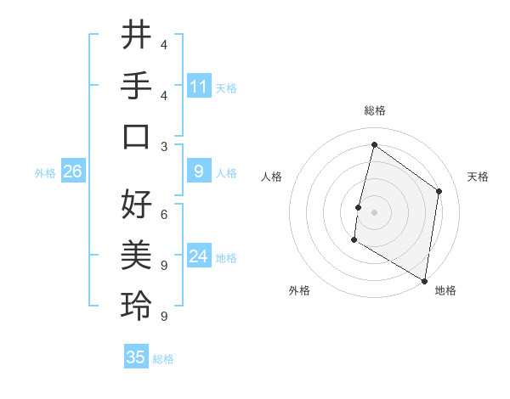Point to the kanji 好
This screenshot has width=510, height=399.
pos(136,205)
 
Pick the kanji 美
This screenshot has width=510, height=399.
pos(136,256)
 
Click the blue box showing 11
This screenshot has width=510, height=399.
pos(199,86)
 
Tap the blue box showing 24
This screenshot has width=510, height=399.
pos(199,256)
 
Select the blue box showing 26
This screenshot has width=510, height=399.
pos(73,171)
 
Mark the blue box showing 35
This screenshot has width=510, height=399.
pos(136,357)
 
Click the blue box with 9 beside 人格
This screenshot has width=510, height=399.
pos(199,171)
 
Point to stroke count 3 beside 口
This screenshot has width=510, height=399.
pos(163,146)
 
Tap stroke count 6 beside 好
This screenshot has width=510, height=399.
pos(163,215)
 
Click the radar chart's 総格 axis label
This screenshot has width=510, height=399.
pos(374,111)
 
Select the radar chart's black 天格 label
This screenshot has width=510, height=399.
pos(478,177)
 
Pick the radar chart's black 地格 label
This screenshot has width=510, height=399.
pos(445,290)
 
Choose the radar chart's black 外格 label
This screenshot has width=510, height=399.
pos(299,290)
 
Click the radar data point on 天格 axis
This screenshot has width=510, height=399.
pos(439,191)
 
